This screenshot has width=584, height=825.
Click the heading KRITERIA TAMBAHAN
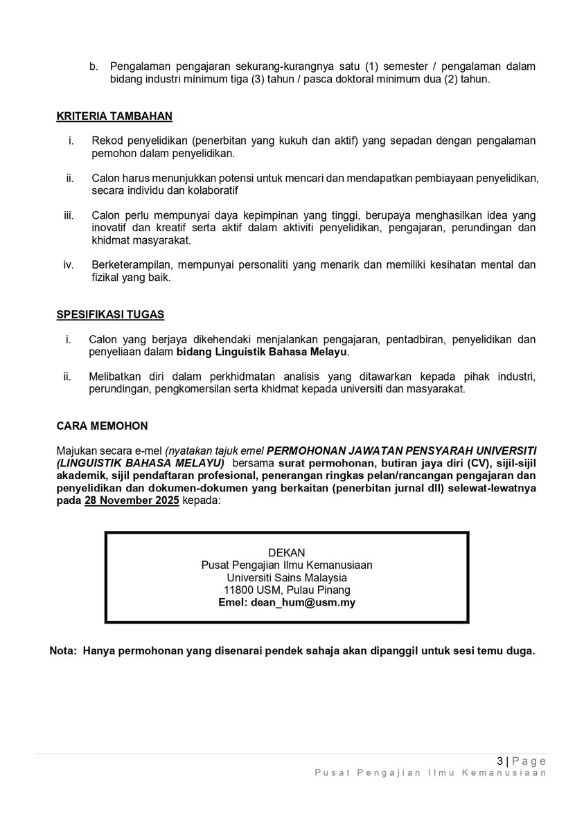(x=114, y=116)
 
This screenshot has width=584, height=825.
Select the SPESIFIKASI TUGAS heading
(x=110, y=315)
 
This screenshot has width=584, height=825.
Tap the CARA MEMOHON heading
(x=102, y=426)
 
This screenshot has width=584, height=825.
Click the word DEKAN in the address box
(x=287, y=552)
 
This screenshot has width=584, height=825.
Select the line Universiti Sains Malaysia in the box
(x=287, y=577)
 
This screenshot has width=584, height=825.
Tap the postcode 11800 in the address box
(x=238, y=590)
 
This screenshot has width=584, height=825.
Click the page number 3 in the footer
(x=507, y=761)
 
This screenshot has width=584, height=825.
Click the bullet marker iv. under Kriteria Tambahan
(x=69, y=265)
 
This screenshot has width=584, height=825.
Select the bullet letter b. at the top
(x=94, y=66)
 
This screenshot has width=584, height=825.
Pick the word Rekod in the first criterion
(x=106, y=141)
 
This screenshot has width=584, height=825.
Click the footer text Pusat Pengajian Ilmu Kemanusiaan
(x=430, y=773)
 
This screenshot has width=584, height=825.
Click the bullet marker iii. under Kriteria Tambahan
(x=69, y=216)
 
